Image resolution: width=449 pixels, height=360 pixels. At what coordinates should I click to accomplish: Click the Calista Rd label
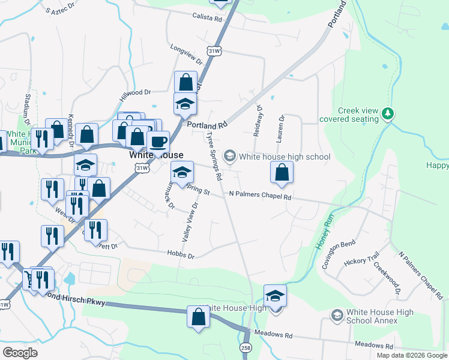[x=207, y=18]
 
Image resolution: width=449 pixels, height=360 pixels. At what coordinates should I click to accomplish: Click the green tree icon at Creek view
[x=388, y=113]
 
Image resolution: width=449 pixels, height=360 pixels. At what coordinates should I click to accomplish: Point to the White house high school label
[x=285, y=157]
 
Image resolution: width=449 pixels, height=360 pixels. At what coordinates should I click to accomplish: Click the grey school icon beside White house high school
[x=229, y=157]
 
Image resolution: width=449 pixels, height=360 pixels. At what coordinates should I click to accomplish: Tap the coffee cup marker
[x=158, y=142]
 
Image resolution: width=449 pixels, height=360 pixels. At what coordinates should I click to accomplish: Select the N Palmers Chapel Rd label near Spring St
[x=260, y=196]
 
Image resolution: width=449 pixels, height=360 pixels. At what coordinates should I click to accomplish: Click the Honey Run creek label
[x=324, y=232]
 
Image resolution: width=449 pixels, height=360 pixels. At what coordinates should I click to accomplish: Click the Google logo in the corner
[x=20, y=353]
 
